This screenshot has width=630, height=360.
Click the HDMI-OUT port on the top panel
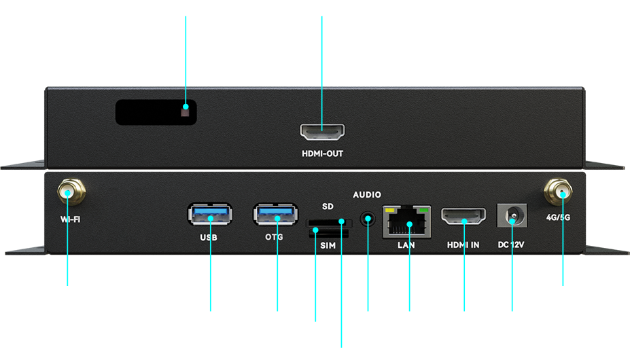click(322, 131)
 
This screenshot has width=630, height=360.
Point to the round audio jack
click(368, 219)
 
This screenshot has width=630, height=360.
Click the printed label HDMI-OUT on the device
click(322, 154)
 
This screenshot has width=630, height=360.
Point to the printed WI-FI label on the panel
click(70, 219)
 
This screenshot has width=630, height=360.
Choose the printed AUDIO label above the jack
click(367, 195)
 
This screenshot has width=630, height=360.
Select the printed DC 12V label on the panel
click(512, 245)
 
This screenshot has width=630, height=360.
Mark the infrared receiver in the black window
click(186, 108)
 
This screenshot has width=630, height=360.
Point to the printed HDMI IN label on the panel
click(463, 245)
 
